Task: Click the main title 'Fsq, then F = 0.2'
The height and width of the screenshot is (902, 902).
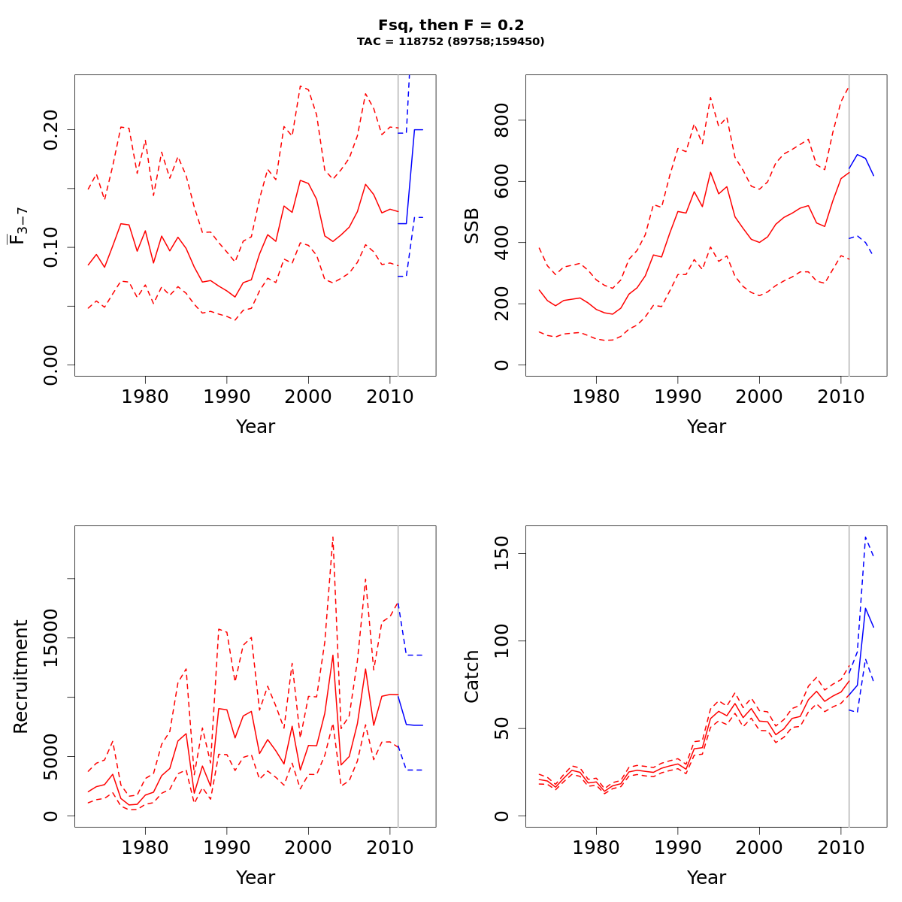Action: click(451, 26)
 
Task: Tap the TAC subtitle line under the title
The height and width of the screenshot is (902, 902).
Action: click(451, 42)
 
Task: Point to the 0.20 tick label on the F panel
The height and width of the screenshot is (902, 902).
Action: click(52, 129)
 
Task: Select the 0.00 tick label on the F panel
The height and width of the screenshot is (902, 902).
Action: click(52, 365)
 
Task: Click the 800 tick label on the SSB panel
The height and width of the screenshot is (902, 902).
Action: click(503, 120)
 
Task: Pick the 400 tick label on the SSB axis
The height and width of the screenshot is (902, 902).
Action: click(503, 243)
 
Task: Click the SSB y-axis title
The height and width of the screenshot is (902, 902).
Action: click(472, 225)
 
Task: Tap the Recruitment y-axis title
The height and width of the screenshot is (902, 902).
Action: click(21, 676)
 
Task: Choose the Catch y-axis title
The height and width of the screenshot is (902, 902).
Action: click(472, 676)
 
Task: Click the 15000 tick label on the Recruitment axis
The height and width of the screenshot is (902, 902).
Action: click(52, 637)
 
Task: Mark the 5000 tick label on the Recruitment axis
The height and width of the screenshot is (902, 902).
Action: click(52, 756)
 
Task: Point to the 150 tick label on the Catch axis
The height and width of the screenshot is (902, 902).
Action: click(503, 553)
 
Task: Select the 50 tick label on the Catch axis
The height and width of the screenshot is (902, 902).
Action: click(503, 728)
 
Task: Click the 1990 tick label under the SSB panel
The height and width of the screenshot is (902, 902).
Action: click(678, 397)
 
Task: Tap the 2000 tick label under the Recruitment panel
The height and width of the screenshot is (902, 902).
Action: click(308, 848)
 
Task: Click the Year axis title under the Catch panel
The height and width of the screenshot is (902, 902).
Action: click(707, 877)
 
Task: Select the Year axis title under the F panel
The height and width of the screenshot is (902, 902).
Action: click(256, 426)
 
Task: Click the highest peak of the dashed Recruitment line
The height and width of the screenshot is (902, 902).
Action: click(332, 537)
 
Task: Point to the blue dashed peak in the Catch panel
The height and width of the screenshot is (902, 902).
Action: click(866, 537)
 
